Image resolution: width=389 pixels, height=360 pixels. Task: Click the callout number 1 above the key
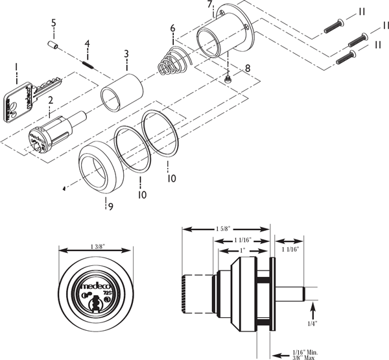tap(16, 67)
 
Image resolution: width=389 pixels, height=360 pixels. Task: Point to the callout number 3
tap(126, 53)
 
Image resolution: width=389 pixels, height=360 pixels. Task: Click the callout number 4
tap(86, 44)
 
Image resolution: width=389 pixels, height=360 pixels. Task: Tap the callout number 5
tap(53, 23)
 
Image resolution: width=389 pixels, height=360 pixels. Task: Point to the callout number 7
tap(209, 5)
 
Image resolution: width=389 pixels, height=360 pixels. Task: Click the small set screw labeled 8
tap(228, 78)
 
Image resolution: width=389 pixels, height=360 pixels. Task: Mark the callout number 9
tap(110, 207)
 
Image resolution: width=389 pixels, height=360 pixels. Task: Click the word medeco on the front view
tap(94, 285)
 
